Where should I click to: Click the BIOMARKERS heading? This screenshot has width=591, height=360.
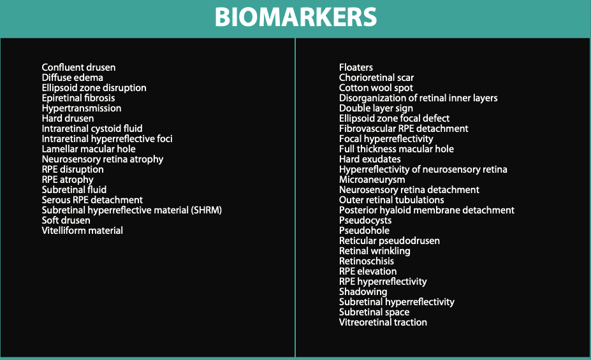pyautogui.click(x=296, y=17)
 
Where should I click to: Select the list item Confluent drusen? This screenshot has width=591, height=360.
pyautogui.click(x=79, y=68)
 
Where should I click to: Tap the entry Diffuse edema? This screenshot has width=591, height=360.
pyautogui.click(x=73, y=78)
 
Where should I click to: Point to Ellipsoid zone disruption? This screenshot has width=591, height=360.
pyautogui.click(x=94, y=88)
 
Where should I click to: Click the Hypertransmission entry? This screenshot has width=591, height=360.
pyautogui.click(x=82, y=108)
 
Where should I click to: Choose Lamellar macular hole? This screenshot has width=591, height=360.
pyautogui.click(x=89, y=149)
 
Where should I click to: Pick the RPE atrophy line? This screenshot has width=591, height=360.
pyautogui.click(x=68, y=180)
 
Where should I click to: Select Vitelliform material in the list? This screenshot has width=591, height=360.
pyautogui.click(x=82, y=231)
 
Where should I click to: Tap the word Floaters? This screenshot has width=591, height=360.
pyautogui.click(x=356, y=68)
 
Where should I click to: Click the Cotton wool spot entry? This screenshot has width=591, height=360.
pyautogui.click(x=376, y=88)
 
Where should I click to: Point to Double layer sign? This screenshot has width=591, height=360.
pyautogui.click(x=376, y=108)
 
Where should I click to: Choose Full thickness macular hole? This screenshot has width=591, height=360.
pyautogui.click(x=396, y=149)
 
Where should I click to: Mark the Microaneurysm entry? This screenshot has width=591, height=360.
pyautogui.click(x=372, y=180)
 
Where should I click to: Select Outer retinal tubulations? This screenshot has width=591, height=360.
pyautogui.click(x=391, y=200)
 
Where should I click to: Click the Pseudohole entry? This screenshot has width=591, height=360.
pyautogui.click(x=364, y=231)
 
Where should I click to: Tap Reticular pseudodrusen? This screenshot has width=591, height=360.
pyautogui.click(x=390, y=241)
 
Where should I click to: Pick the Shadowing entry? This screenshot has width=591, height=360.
pyautogui.click(x=363, y=292)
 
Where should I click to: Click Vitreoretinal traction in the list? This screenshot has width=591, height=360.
pyautogui.click(x=383, y=322)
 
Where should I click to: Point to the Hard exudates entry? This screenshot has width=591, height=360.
pyautogui.click(x=370, y=159)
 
